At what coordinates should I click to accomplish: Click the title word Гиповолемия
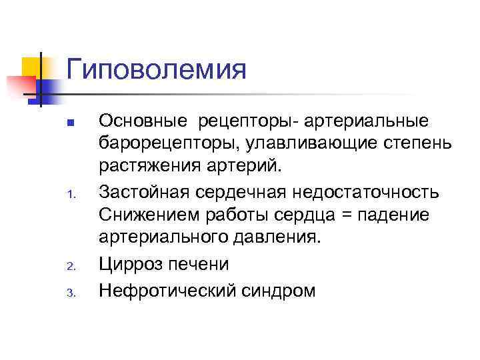tap(157, 70)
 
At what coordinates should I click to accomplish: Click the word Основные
tap(139, 121)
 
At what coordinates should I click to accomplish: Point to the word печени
tap(199, 265)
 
